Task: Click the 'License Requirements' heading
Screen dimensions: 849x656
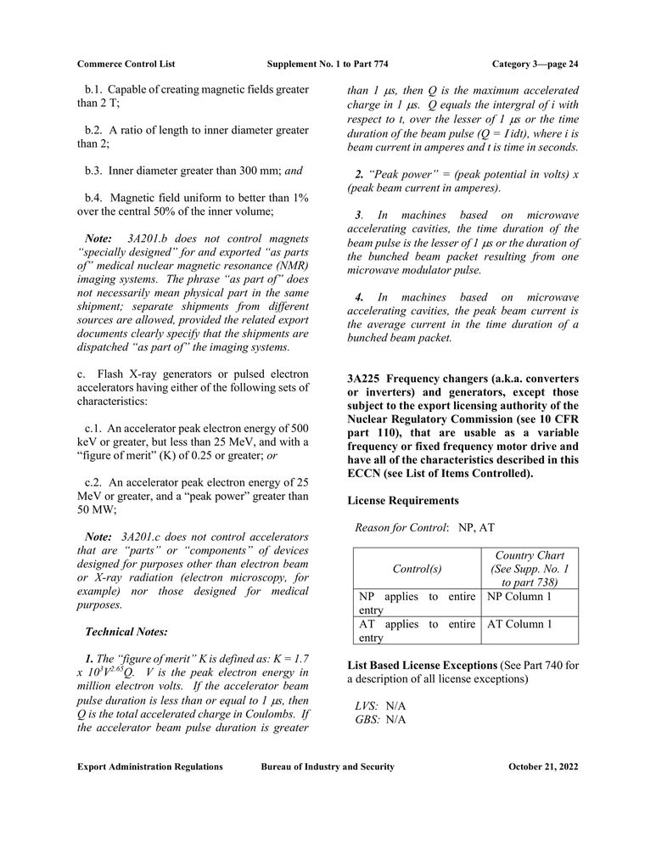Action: click(402, 500)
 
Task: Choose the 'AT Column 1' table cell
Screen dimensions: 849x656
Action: click(519, 624)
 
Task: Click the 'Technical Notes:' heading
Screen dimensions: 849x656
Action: click(126, 632)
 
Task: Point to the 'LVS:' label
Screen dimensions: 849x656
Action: click(368, 706)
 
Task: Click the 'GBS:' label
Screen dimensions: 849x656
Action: click(368, 720)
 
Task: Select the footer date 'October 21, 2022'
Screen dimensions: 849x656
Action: click(543, 767)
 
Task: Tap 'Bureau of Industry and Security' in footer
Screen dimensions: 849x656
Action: click(328, 767)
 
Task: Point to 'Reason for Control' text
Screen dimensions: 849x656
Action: click(401, 527)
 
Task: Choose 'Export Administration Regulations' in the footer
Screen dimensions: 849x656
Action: click(150, 767)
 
